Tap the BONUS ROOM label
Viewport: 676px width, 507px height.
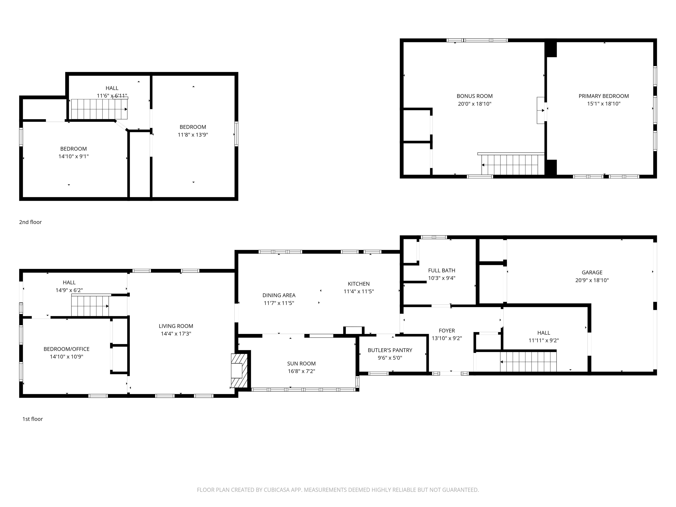click(475, 96)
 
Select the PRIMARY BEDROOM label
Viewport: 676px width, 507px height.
click(604, 96)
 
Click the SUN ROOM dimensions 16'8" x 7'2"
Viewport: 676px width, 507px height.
click(301, 371)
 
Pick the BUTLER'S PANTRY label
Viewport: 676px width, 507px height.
click(390, 350)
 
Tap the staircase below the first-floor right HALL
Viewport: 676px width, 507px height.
click(528, 362)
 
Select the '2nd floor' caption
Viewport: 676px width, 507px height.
click(30, 222)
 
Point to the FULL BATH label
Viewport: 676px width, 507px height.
click(442, 270)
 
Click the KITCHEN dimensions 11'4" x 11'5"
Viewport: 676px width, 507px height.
click(358, 292)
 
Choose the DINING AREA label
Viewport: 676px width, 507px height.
click(279, 295)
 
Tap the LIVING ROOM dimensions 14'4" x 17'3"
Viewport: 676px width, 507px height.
click(176, 334)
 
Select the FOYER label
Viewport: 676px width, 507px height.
click(447, 331)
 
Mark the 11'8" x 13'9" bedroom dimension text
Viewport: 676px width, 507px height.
click(193, 135)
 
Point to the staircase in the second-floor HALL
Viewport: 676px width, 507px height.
click(99, 109)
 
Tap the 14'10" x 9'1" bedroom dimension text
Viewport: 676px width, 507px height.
click(74, 156)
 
